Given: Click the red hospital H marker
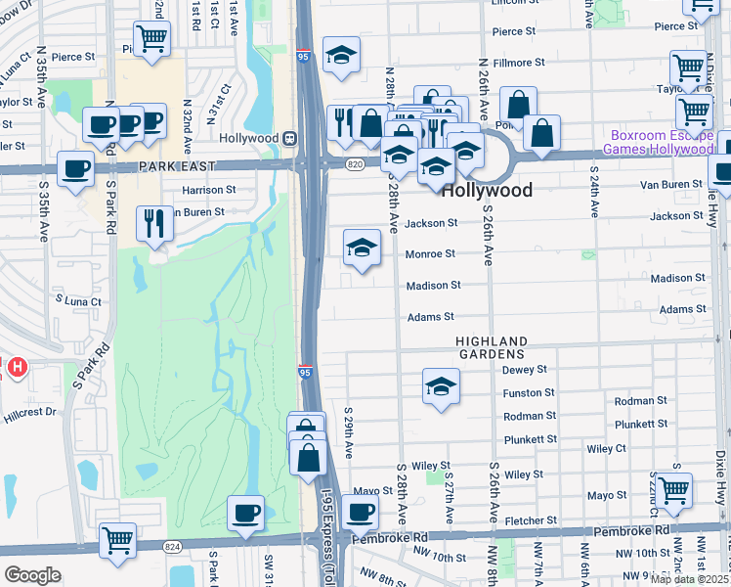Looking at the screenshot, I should pos(17,368).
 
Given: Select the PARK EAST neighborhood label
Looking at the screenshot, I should pos(173,167).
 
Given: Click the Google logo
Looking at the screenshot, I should pos(32,575).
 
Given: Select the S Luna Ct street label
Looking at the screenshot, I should pos(78,301).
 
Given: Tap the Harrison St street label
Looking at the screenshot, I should pos(209,190).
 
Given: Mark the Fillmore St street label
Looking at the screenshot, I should pos(519,63).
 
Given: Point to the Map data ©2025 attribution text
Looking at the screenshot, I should pos(689,579).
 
